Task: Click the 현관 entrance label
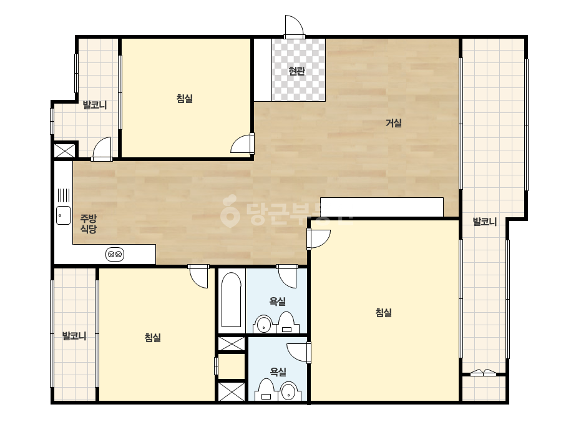pos(296,71)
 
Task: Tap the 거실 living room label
pos(393,123)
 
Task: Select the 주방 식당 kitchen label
pos(89,224)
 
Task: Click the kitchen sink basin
pos(63,215)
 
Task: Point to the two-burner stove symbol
pos(115,254)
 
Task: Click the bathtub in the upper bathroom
pos(232,300)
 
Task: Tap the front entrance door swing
pos(295,27)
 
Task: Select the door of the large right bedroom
pos(319,238)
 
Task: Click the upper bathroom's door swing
pos(287,276)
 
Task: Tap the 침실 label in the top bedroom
pos(185,99)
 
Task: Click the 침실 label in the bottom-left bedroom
pos(153,338)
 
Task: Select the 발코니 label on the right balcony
pos(484,222)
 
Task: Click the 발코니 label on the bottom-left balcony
pos(74,336)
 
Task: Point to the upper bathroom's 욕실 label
pos(277,302)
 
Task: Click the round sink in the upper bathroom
pos(263,324)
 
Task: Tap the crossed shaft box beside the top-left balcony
pos(65,150)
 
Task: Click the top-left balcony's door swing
pos(102,150)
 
